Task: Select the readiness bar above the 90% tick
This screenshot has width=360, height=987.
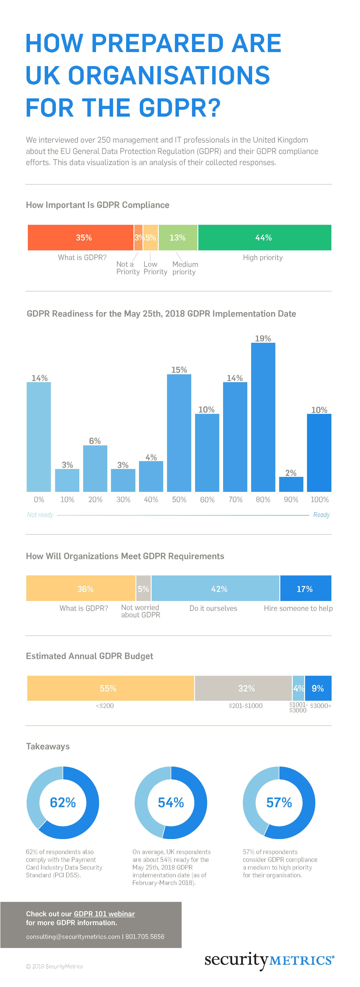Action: click(291, 484)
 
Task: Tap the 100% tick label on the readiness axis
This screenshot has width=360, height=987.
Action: click(319, 500)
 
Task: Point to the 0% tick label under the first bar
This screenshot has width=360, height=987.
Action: click(39, 500)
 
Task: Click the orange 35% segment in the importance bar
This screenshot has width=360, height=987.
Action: click(80, 237)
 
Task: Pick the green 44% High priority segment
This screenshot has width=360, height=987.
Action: click(264, 237)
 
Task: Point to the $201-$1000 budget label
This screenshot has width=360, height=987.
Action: click(246, 706)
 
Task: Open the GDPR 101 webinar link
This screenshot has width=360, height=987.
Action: click(104, 914)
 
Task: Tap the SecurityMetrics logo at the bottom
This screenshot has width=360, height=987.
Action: click(269, 960)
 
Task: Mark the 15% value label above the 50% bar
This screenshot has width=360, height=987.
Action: click(179, 370)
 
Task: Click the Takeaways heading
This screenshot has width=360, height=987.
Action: click(48, 746)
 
